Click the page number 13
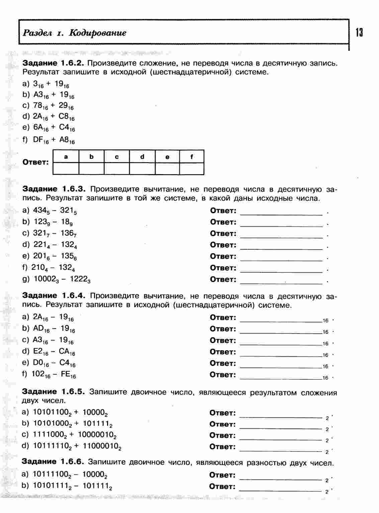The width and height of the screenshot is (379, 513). (x=359, y=33)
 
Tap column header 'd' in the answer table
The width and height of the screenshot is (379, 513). (x=142, y=156)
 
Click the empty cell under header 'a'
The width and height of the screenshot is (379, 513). (x=66, y=168)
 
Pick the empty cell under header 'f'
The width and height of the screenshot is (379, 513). (x=192, y=168)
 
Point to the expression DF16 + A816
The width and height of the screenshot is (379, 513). (x=54, y=140)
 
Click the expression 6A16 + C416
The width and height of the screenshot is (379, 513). (x=54, y=128)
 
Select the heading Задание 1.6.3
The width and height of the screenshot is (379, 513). (x=54, y=189)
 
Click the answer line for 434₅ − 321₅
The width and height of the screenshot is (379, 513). (x=281, y=213)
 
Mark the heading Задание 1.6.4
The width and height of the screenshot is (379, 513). (x=54, y=296)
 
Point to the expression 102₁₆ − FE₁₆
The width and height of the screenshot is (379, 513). (x=54, y=375)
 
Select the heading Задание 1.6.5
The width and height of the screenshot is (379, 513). (x=54, y=392)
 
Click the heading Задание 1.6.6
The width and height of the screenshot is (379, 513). (x=53, y=462)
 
